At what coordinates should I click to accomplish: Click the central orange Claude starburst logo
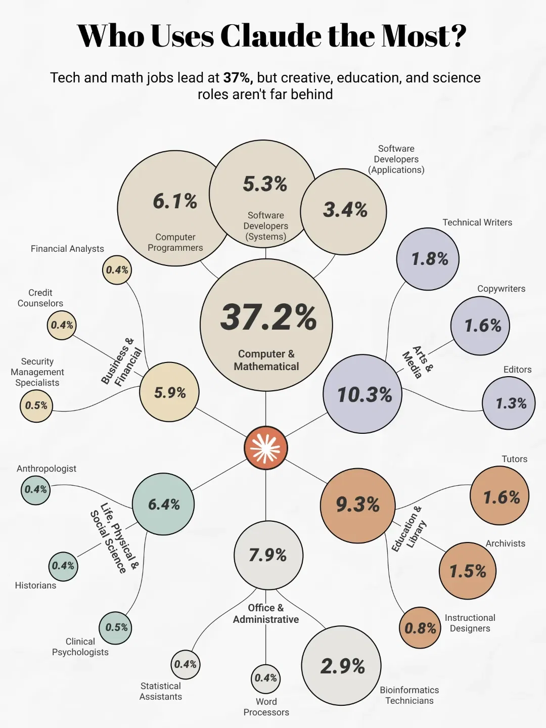(x=266, y=448)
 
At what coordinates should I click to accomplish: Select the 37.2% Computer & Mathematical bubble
(x=266, y=325)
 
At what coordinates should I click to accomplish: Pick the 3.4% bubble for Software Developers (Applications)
(x=344, y=211)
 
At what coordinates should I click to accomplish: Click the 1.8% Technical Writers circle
(x=428, y=259)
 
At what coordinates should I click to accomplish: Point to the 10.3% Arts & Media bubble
(x=362, y=394)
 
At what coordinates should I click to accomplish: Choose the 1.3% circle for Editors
(x=509, y=403)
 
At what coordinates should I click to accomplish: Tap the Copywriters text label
(x=501, y=289)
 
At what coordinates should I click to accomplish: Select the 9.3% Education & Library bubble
(x=358, y=505)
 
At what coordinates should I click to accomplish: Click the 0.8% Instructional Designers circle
(x=420, y=628)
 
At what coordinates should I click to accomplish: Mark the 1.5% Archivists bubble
(x=467, y=571)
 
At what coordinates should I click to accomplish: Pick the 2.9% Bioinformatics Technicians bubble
(x=341, y=666)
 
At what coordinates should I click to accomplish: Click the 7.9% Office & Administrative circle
(x=268, y=555)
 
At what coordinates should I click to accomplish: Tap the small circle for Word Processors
(x=265, y=678)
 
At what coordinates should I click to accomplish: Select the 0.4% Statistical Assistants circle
(x=186, y=664)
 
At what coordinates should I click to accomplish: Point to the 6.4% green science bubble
(x=163, y=504)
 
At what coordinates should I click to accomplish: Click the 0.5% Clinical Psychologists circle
(x=116, y=627)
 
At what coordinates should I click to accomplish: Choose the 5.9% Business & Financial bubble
(x=169, y=392)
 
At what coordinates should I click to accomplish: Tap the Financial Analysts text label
(x=67, y=249)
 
